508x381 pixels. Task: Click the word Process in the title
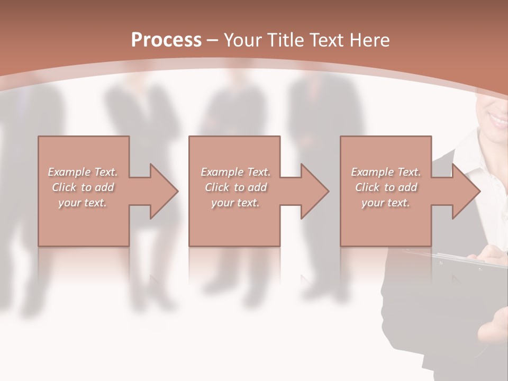pos(166,40)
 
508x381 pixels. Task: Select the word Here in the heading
pos(370,40)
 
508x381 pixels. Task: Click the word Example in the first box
pos(69,172)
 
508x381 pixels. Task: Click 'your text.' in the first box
pos(83,203)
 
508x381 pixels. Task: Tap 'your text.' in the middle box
pos(235,203)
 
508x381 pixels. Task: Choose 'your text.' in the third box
pos(386,203)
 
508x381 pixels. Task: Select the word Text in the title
pos(325,40)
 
